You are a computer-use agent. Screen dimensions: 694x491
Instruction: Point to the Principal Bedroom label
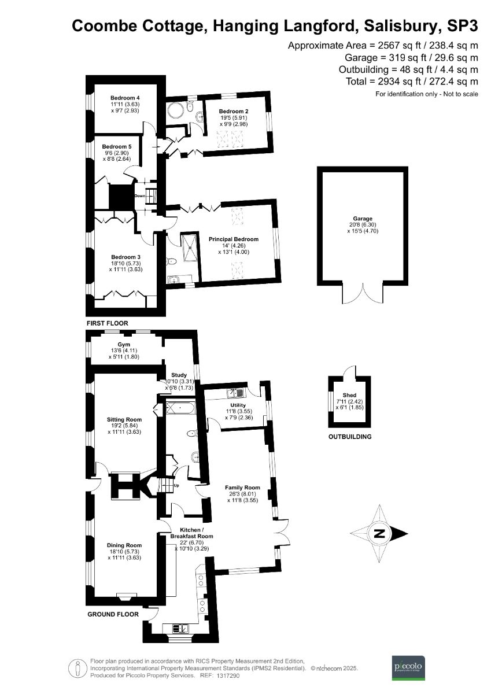[234, 239]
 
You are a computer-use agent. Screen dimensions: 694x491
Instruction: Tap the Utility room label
[238, 405]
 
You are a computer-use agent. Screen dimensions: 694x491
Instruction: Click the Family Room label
[242, 488]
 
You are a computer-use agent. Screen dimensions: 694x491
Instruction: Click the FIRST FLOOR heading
[107, 323]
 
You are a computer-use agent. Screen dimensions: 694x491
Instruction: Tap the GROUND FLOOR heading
[113, 614]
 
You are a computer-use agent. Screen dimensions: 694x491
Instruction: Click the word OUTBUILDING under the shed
[349, 437]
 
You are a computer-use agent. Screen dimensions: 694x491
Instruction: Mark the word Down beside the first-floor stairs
[139, 196]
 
